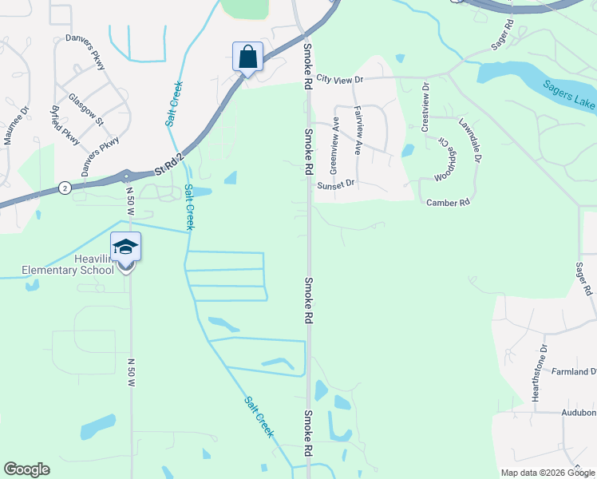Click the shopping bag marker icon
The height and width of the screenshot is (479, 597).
tap(247, 57)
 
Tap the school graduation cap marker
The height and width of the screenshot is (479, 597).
tap(126, 247)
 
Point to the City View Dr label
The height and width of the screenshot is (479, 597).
tap(339, 79)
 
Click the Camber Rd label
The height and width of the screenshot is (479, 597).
tap(448, 203)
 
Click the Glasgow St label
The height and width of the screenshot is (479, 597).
tap(86, 109)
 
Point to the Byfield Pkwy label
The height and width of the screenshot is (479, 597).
tap(65, 125)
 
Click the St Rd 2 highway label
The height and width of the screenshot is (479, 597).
tap(169, 164)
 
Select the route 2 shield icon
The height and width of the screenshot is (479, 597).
tap(65, 188)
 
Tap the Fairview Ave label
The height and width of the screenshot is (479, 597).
tap(358, 130)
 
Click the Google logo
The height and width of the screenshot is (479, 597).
tap(26, 469)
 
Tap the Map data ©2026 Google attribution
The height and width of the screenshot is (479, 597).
tap(546, 473)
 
